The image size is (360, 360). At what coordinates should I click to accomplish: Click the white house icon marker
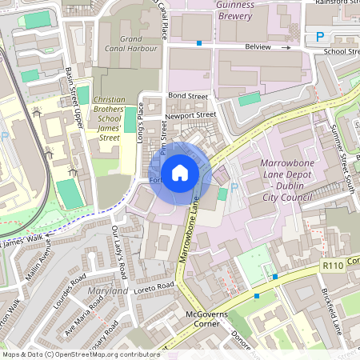[180, 172]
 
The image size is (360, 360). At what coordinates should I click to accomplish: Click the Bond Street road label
[188, 97]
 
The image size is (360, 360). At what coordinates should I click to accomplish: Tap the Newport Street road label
[190, 115]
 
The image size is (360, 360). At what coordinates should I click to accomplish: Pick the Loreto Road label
[153, 286]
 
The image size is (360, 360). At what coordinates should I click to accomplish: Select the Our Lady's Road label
[119, 252]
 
